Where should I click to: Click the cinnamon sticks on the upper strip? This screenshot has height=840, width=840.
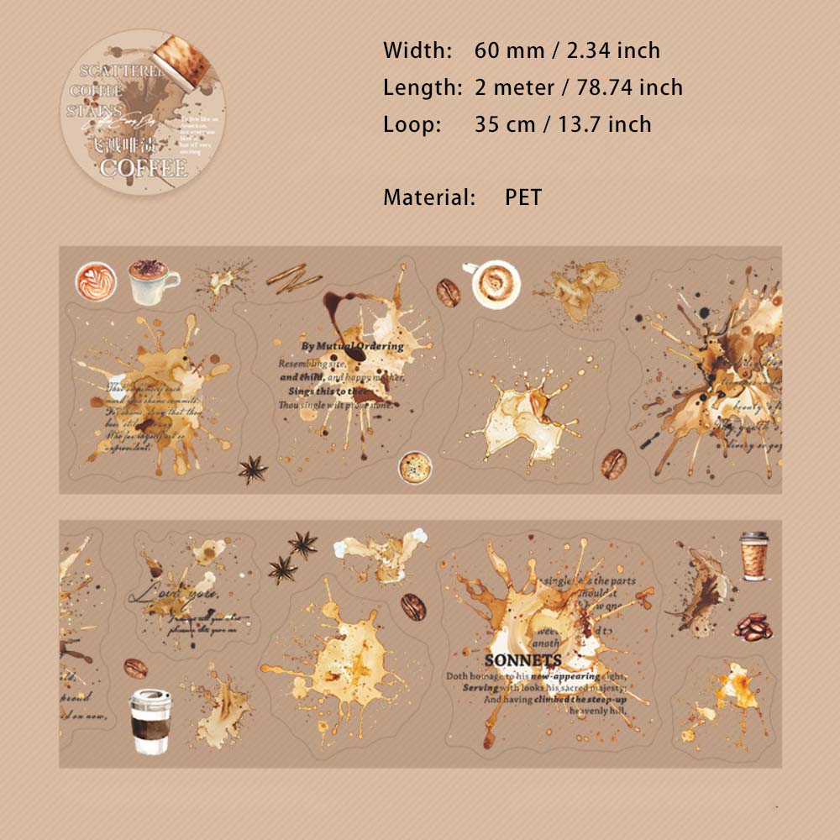pyautogui.click(x=288, y=276)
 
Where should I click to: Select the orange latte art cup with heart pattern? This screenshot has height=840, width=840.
pyautogui.click(x=94, y=280)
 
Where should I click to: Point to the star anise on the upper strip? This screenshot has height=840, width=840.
pyautogui.click(x=252, y=470)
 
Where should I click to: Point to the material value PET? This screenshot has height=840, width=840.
pyautogui.click(x=523, y=197)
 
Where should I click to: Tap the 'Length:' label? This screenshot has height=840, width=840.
pyautogui.click(x=422, y=87)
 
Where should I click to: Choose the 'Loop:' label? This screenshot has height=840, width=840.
pyautogui.click(x=412, y=124)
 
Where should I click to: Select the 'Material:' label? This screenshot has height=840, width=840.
pyautogui.click(x=429, y=197)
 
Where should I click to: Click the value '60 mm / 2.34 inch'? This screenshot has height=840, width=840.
pyautogui.click(x=567, y=50)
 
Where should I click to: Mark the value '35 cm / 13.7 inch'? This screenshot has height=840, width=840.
pyautogui.click(x=563, y=124)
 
